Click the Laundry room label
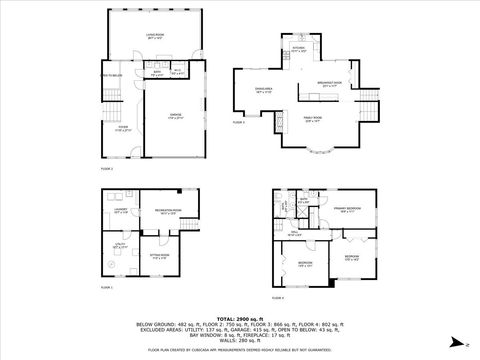(x=121, y=210)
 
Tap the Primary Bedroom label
(x=349, y=208)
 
